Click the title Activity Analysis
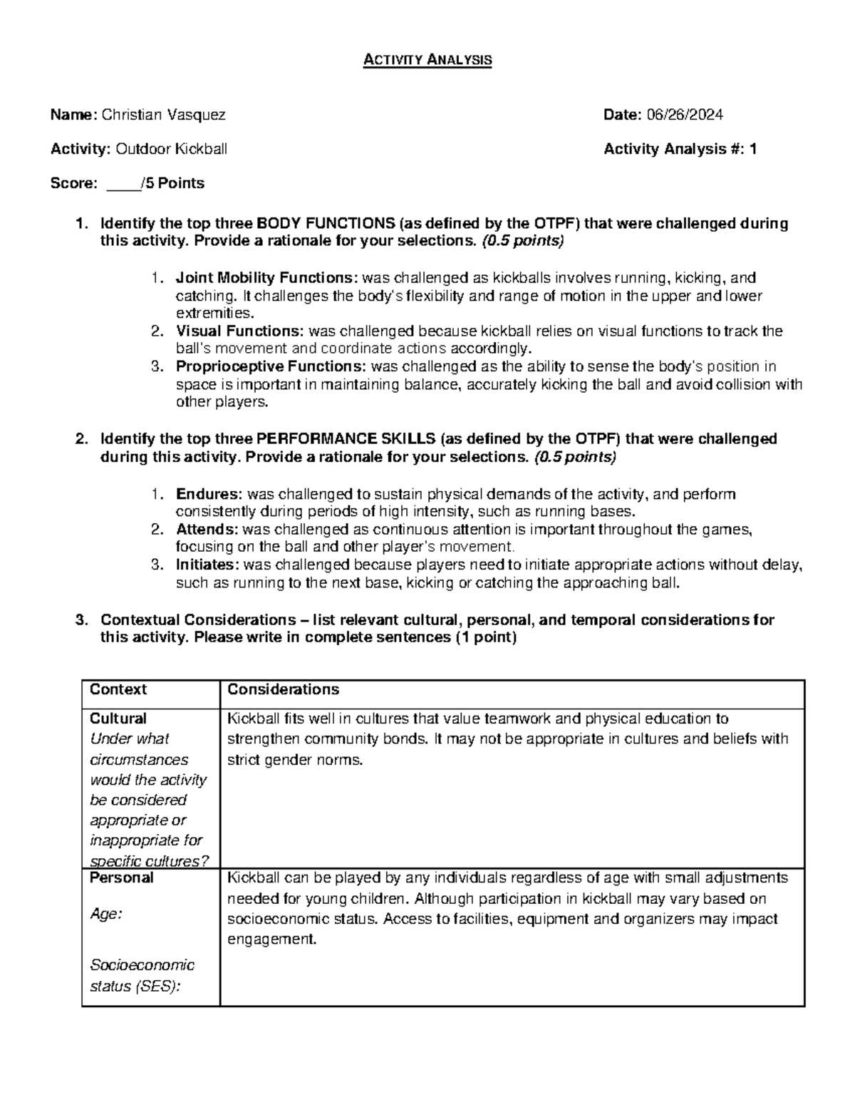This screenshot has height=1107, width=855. point(427,60)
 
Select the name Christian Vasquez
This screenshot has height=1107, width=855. point(164,115)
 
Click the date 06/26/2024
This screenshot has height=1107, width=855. point(684,115)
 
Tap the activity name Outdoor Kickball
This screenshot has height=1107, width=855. point(172,149)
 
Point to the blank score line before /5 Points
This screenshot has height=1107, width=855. point(123,184)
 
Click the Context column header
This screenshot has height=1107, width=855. point(118,690)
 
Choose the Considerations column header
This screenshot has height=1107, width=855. point(283,690)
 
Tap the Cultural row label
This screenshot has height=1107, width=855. point(118,719)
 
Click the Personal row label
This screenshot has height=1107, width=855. point(122,878)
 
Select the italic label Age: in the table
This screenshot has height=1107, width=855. point(105,915)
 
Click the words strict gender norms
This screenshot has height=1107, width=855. point(295,760)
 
